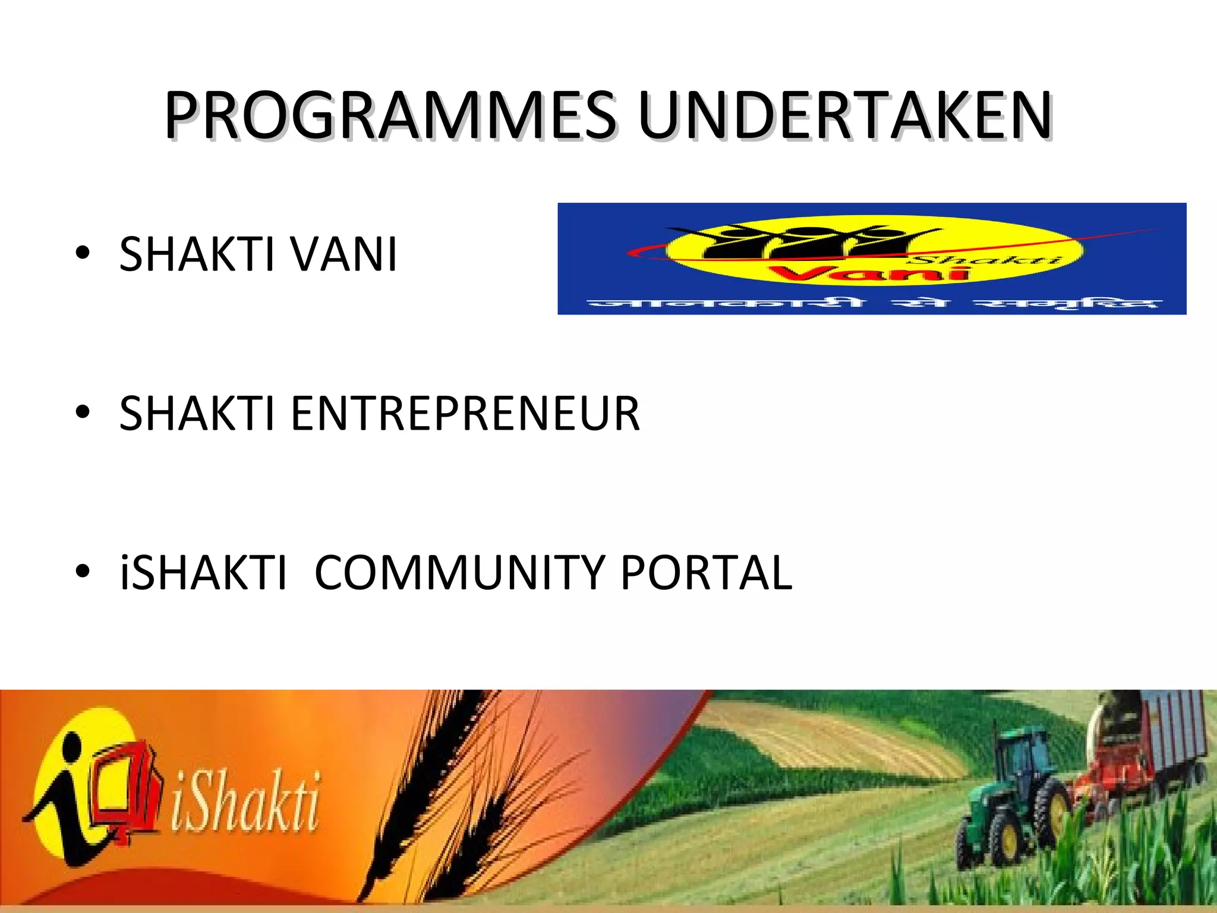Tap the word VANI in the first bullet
(x=344, y=254)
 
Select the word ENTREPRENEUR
(x=465, y=413)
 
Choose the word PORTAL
(x=706, y=572)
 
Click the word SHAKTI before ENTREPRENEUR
(x=197, y=413)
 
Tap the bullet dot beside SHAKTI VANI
(x=83, y=253)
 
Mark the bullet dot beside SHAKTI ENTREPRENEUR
(x=83, y=411)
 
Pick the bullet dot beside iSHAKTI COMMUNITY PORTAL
(x=83, y=571)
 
